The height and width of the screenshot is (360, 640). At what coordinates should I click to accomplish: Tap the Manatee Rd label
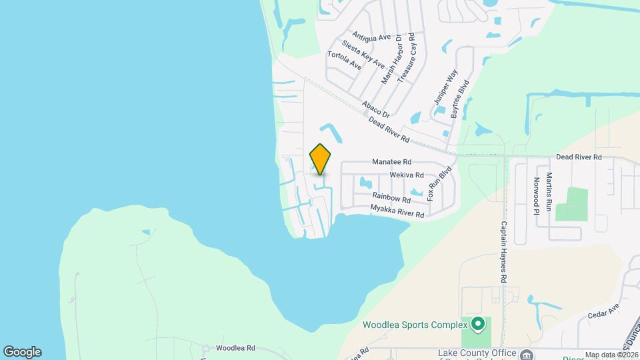coord(391,162)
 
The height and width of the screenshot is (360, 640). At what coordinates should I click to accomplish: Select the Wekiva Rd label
coord(407,175)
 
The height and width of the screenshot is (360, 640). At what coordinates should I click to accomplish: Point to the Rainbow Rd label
coord(391,199)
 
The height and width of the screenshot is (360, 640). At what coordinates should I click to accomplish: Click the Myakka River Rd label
coord(397,212)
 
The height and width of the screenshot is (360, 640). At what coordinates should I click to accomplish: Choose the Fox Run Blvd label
coord(439,183)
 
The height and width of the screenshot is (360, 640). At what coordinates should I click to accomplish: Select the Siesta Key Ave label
coord(363,54)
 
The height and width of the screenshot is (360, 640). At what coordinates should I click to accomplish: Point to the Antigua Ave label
coord(371,37)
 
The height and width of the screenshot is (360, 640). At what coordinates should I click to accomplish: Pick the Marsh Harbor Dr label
coord(392,59)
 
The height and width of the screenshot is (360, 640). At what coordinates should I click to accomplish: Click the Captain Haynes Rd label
coord(505,251)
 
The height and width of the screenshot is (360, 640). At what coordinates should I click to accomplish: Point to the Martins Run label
coord(549,192)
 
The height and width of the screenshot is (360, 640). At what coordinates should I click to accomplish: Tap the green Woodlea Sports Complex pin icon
coord(477,325)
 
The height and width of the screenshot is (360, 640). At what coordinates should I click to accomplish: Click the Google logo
coord(22,351)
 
